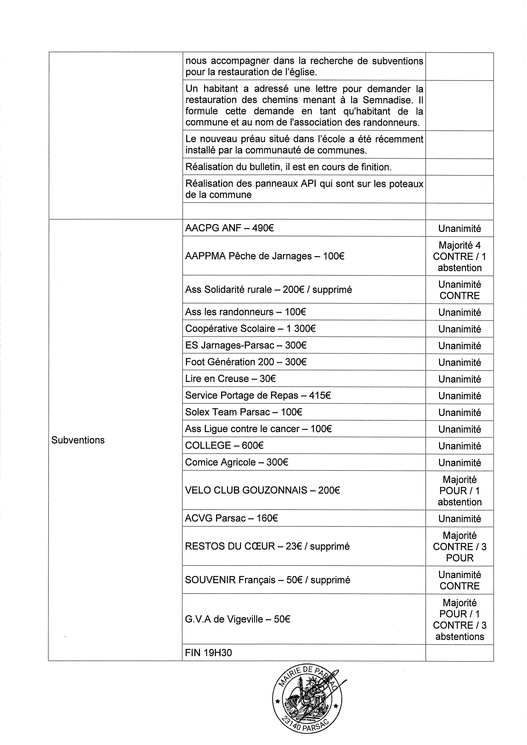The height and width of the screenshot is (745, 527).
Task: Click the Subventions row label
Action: [x=78, y=440]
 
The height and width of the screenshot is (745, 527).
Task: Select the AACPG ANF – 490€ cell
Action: [x=229, y=228]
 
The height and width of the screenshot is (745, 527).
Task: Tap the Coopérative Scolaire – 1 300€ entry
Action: [x=250, y=328]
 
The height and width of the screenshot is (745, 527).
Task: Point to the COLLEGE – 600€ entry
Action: [x=224, y=446]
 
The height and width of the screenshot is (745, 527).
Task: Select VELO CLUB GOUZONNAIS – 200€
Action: [x=262, y=490]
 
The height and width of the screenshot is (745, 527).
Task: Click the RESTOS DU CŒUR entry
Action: [x=267, y=546]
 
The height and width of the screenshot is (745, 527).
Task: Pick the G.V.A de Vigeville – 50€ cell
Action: [x=238, y=619]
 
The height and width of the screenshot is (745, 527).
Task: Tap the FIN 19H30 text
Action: [x=209, y=653]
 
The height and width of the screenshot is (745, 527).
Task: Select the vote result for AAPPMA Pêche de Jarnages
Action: [x=460, y=256]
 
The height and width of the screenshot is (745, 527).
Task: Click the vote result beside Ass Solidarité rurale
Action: [x=460, y=290]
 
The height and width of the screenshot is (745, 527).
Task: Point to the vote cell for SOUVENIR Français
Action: [x=460, y=580]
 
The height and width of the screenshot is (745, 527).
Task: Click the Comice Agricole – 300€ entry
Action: [x=236, y=462]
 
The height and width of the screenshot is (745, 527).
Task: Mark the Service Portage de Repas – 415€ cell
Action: [x=258, y=395]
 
